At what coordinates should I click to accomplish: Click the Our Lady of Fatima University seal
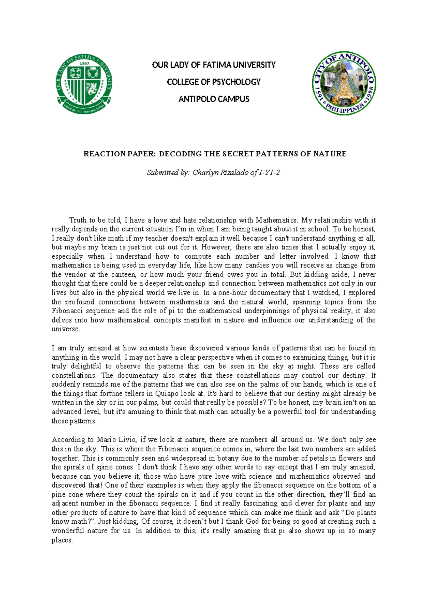click(x=84, y=84)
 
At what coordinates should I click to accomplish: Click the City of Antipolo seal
click(x=344, y=83)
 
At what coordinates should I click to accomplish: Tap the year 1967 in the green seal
click(x=84, y=63)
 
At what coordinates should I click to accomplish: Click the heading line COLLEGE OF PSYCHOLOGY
click(x=214, y=82)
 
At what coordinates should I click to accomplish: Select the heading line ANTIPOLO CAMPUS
click(x=214, y=99)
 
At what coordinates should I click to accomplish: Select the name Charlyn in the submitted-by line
click(x=205, y=173)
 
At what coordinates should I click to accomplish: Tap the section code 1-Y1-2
click(x=269, y=173)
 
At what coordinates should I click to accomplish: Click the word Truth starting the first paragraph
click(x=78, y=220)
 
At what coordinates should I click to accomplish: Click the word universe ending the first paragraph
click(x=65, y=329)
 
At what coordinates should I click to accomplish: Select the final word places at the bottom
click(x=62, y=540)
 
